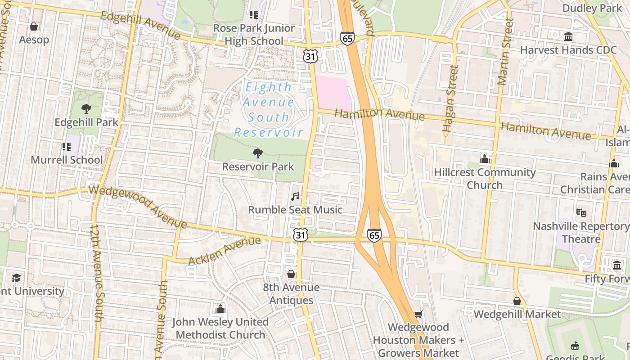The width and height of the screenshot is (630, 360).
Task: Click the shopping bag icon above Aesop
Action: pos(33,27)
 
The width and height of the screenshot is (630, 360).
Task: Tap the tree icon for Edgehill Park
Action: pos(86,108)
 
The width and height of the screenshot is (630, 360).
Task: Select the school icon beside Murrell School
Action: pos(67,146)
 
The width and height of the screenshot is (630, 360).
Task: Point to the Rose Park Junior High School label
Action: pos(254,35)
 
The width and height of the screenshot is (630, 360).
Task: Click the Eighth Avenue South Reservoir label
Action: pos(269,110)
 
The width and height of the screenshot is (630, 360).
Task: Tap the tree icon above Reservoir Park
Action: pos(258,153)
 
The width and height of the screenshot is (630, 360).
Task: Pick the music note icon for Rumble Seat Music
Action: pos(295,196)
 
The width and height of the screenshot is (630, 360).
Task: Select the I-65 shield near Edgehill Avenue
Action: pos(347,38)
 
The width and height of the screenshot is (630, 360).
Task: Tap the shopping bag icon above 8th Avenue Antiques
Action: pos(291,274)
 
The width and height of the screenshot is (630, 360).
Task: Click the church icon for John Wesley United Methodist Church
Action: pos(220,309)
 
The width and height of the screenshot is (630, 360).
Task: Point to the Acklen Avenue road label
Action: pos(225,251)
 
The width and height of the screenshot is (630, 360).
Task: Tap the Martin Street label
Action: pos(505,52)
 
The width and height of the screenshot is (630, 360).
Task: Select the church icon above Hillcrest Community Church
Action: pos(485,159)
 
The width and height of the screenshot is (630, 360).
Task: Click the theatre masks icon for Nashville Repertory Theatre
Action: pos(581,212)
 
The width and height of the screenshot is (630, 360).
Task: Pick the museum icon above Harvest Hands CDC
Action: pos(568,36)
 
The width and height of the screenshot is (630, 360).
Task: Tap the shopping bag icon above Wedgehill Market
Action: pos(517,301)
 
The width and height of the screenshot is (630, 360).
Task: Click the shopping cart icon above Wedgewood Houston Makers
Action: pos(418,314)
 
